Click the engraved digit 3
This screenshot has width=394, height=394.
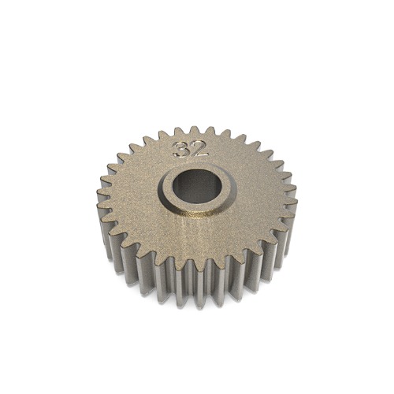point(183,150)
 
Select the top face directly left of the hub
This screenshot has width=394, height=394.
point(138,193)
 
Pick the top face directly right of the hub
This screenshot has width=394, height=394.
point(256,193)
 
